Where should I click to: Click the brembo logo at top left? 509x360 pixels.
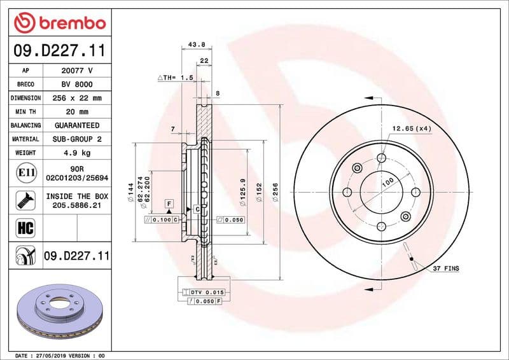pos(59,22)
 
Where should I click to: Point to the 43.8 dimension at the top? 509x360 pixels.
pos(197,45)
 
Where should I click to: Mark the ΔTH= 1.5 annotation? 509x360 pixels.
pos(175,77)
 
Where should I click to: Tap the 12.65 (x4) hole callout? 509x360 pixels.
pos(412,128)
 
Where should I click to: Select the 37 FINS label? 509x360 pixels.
pos(446,269)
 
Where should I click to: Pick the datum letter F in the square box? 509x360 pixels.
pos(169,204)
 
